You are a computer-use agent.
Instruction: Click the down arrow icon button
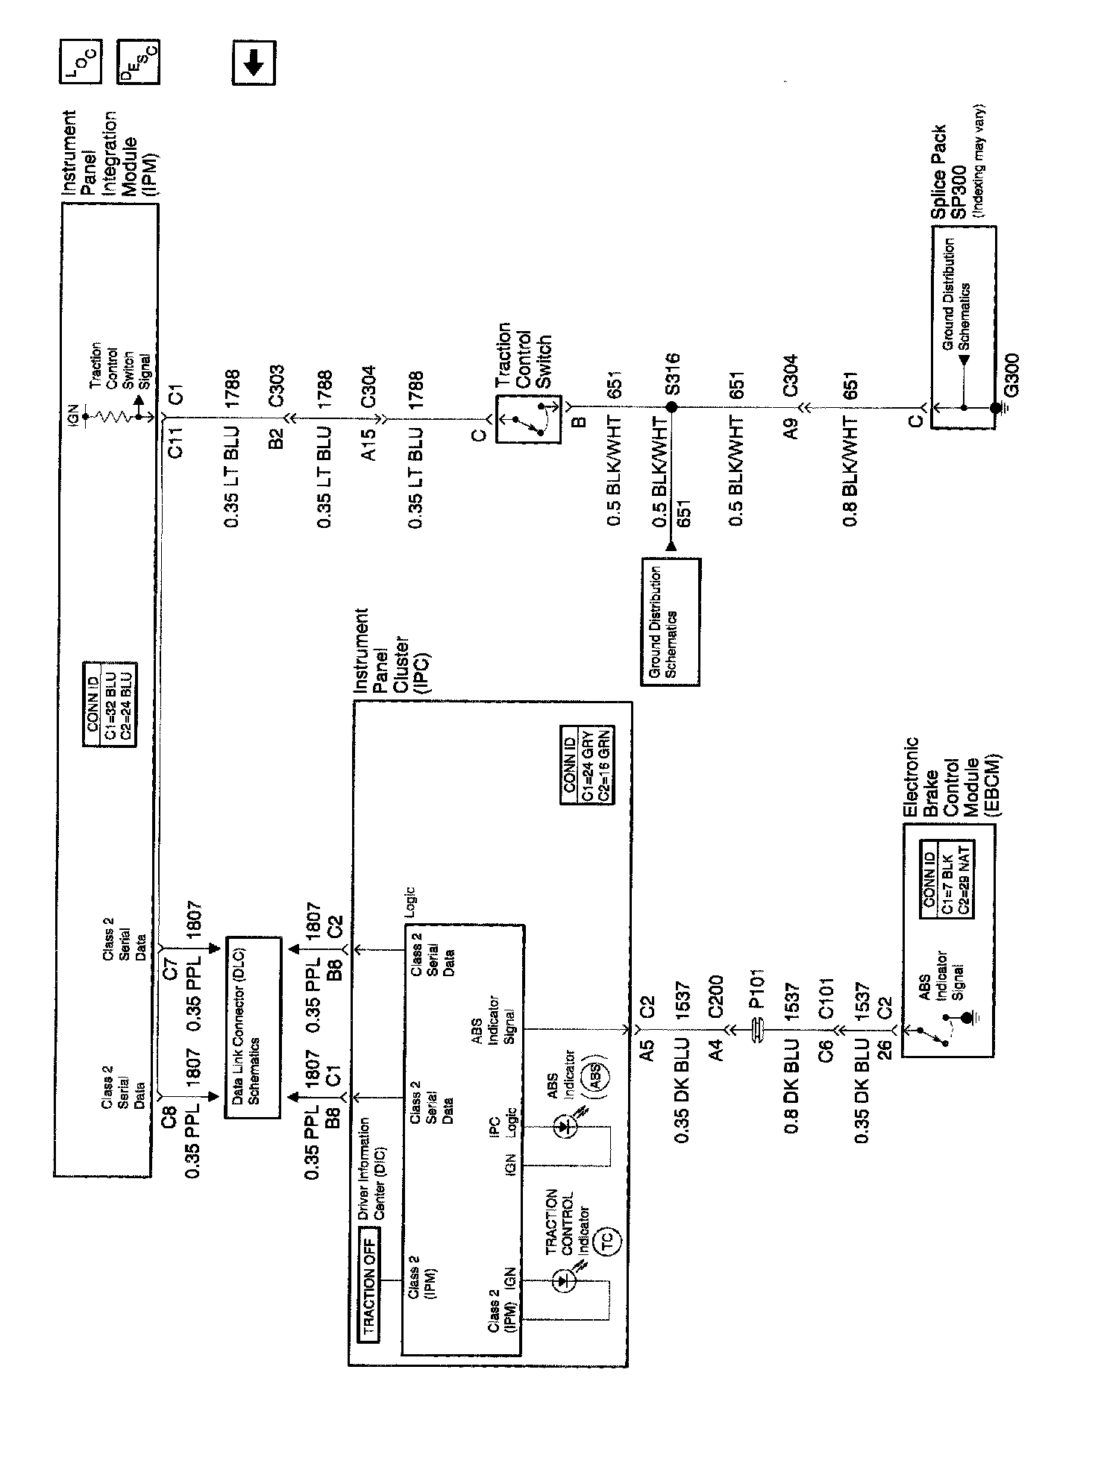(x=254, y=64)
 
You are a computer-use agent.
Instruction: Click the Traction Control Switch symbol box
(x=528, y=421)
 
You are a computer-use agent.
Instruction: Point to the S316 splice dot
(x=671, y=407)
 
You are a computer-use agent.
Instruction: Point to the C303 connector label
(x=277, y=386)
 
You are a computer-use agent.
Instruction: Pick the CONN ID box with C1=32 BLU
(x=110, y=705)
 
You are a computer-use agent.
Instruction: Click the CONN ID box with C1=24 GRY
(x=588, y=765)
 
